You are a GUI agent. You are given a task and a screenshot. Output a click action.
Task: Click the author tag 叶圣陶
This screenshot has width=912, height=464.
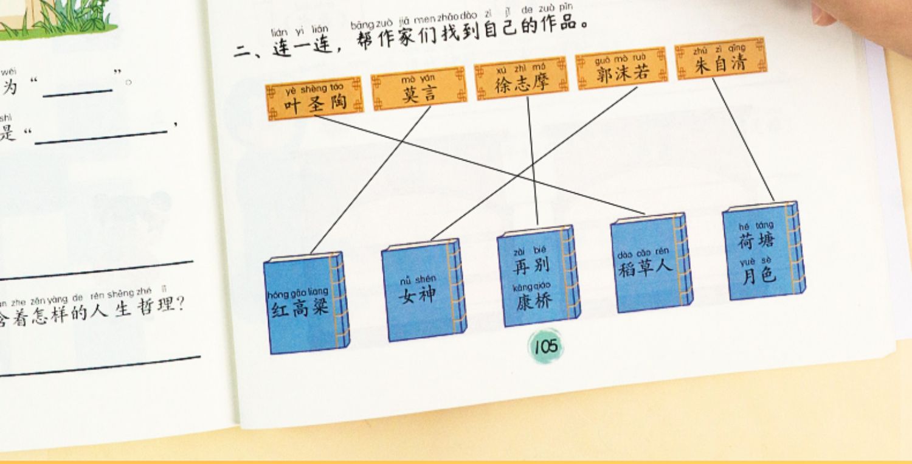314,99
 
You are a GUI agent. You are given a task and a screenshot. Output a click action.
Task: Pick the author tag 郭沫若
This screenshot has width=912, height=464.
621,69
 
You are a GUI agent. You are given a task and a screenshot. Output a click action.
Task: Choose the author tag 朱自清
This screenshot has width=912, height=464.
720,58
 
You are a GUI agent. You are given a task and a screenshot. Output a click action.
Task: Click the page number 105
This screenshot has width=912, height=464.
545,347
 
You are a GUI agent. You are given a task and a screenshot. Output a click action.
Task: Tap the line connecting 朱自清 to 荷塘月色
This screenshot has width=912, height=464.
743,140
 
